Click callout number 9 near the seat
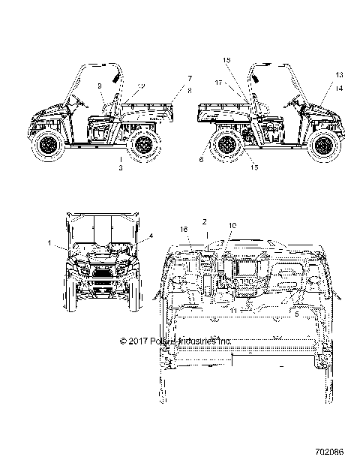[x=100, y=87]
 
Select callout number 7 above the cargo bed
[x=190, y=78]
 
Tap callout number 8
[x=190, y=90]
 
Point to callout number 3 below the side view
[x=121, y=168]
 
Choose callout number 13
[x=339, y=76]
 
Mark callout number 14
[x=339, y=88]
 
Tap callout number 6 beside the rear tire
[x=202, y=158]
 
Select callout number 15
[x=253, y=168]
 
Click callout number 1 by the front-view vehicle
[x=49, y=243]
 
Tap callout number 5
[x=296, y=316]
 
